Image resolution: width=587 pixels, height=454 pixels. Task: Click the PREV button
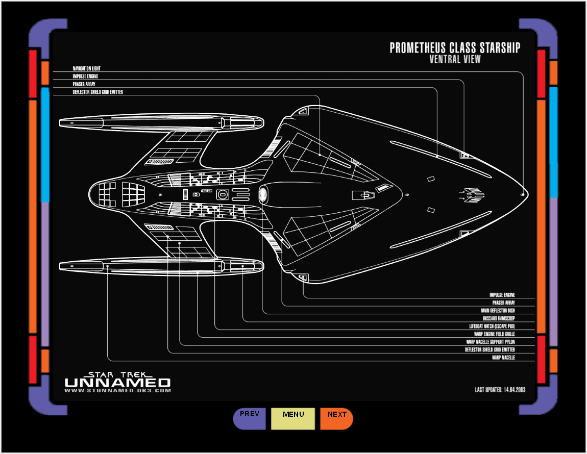pyautogui.click(x=250, y=418)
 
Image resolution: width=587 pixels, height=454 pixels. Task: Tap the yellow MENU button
pyautogui.click(x=293, y=418)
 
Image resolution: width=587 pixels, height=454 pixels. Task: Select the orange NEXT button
pyautogui.click(x=337, y=418)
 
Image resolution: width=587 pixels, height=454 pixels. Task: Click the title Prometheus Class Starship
pyautogui.click(x=455, y=48)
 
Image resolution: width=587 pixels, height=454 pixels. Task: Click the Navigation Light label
pyautogui.click(x=86, y=68)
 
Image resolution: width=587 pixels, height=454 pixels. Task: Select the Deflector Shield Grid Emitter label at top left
pyautogui.click(x=97, y=92)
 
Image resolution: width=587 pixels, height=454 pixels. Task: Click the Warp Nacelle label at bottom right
pyautogui.click(x=503, y=358)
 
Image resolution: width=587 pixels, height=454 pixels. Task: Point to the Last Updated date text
pyautogui.click(x=500, y=390)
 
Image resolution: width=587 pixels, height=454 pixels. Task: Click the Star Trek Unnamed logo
pyautogui.click(x=117, y=380)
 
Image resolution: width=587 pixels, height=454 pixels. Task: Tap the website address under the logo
pyautogui.click(x=117, y=391)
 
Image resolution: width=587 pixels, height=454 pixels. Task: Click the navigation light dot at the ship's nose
pyautogui.click(x=522, y=195)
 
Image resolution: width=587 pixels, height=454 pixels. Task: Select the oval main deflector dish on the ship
pyautogui.click(x=263, y=195)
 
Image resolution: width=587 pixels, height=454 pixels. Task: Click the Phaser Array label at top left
pyautogui.click(x=84, y=84)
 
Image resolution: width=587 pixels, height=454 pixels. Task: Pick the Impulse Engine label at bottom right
pyautogui.click(x=502, y=295)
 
